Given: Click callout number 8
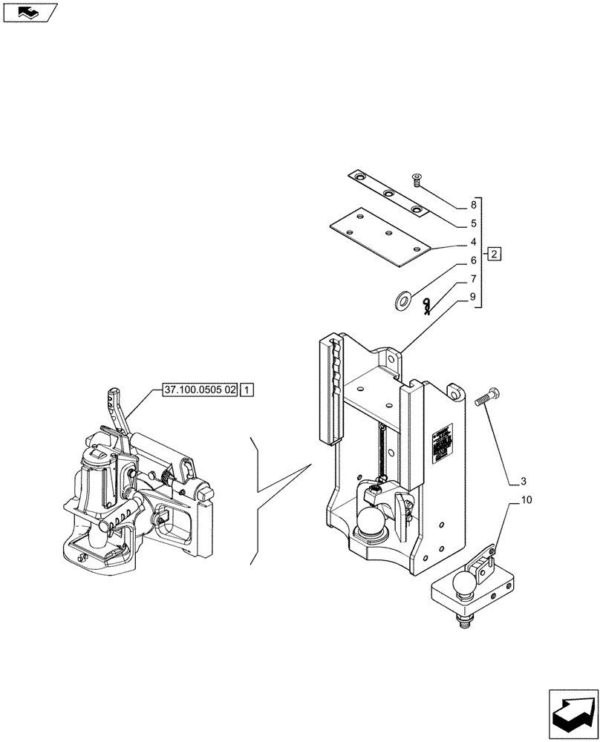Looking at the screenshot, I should (x=472, y=204).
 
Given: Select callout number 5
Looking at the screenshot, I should (x=472, y=223).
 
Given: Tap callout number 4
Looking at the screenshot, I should (x=472, y=242).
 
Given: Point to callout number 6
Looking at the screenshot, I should (x=472, y=261).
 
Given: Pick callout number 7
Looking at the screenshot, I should (x=472, y=280).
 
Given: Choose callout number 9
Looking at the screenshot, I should (x=472, y=298).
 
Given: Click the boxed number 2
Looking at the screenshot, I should (x=495, y=255).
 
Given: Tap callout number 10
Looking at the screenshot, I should (x=527, y=501).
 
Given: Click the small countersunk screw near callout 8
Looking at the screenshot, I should (x=417, y=178).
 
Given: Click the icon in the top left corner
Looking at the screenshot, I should (x=29, y=12).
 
